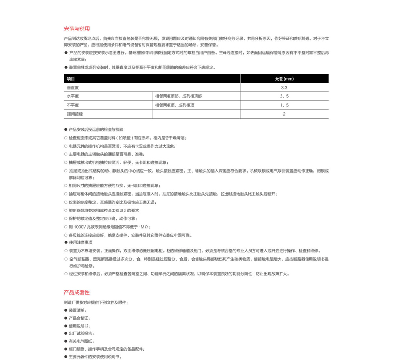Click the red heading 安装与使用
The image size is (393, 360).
(77, 29)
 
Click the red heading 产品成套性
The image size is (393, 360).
(77, 292)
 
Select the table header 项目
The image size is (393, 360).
(71, 79)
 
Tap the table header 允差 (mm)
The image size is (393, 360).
(284, 79)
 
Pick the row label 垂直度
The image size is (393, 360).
(73, 88)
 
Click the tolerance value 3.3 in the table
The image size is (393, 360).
(284, 88)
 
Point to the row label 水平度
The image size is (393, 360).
(73, 96)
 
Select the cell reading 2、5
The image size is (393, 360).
(284, 96)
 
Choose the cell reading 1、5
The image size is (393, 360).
(284, 105)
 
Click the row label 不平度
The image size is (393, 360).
(73, 105)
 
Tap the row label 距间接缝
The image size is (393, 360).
(75, 114)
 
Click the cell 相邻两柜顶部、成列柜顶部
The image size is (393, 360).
(178, 96)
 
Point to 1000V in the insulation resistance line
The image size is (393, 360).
(80, 227)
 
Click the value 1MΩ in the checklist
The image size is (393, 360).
(143, 227)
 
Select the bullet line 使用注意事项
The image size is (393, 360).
(81, 242)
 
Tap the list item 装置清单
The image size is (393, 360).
(77, 310)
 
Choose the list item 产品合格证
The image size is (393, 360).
(79, 318)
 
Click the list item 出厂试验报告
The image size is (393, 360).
(81, 333)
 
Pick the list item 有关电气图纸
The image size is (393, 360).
(81, 341)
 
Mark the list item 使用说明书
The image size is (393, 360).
(79, 326)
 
